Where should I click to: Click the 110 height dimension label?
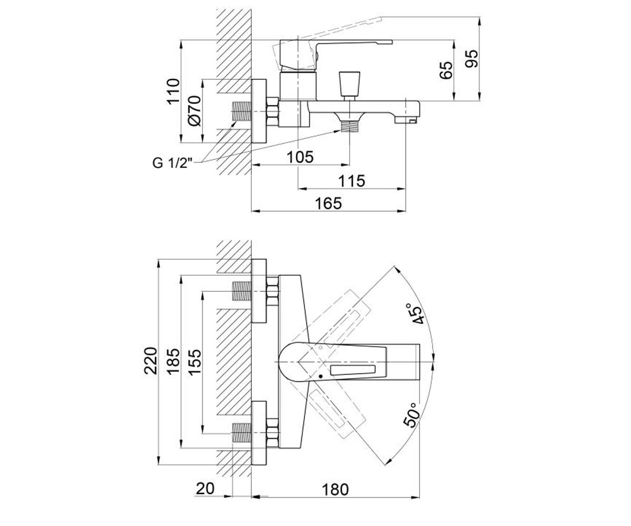(173, 92)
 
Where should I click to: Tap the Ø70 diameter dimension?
(194, 111)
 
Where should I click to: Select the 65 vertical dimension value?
(446, 70)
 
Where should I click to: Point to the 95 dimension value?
(472, 58)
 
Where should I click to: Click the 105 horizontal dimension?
(300, 157)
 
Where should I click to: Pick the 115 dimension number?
(351, 181)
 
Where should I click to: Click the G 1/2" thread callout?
(172, 163)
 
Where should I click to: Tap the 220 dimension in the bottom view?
(150, 361)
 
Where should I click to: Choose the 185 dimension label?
(174, 361)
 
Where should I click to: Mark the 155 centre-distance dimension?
(195, 362)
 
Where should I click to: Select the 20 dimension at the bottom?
(205, 489)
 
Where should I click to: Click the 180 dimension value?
(335, 489)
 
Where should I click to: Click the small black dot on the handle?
(321, 377)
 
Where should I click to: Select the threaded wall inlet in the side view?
(241, 111)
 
